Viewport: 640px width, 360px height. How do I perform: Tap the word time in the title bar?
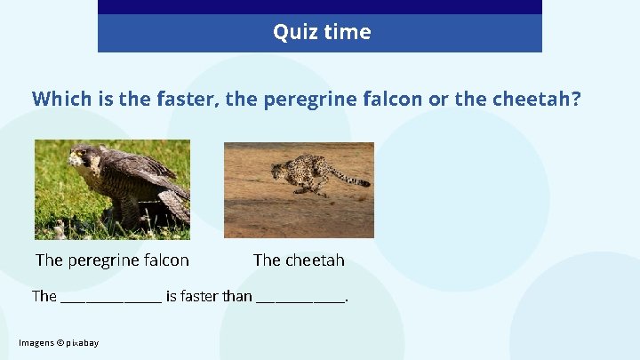coord(347,33)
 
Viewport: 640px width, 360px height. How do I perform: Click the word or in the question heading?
coord(438,99)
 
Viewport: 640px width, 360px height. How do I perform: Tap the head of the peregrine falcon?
coord(83,159)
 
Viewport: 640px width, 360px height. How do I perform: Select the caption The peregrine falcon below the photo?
coord(112,260)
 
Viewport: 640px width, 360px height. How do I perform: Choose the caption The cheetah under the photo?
coord(299,260)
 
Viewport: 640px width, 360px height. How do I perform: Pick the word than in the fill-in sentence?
coord(237,296)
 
